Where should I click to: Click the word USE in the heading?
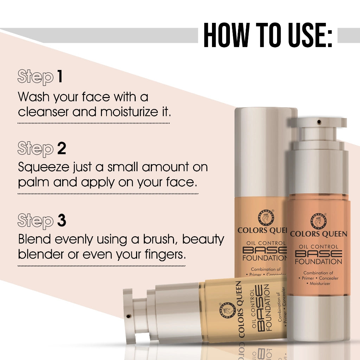click(307, 35)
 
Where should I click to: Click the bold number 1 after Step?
click(60, 76)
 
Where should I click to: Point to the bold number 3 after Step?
click(62, 220)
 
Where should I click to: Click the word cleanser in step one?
click(43, 112)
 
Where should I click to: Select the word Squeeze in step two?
click(44, 167)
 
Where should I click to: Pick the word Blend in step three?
click(34, 239)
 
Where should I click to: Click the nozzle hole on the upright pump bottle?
click(319, 121)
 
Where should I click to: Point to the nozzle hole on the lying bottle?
click(129, 316)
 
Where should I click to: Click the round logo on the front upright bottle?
click(318, 221)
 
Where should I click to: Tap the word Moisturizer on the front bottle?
click(320, 284)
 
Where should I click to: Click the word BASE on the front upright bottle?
click(319, 254)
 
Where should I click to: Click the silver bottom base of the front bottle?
click(319, 318)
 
